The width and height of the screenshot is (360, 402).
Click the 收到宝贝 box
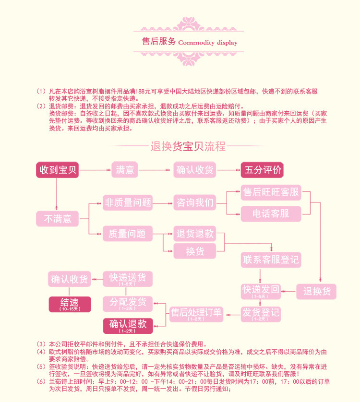(58, 170)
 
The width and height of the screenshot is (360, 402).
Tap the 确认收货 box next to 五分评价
(195, 170)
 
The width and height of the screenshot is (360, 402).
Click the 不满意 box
(58, 219)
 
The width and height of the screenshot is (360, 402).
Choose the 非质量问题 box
(128, 202)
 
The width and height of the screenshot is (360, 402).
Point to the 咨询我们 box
(194, 202)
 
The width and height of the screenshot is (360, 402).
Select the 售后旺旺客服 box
(271, 193)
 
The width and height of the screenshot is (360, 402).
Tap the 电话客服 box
(271, 213)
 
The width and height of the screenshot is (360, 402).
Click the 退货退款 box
(194, 234)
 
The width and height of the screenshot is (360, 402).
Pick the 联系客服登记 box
(271, 260)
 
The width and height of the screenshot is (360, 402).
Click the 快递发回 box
(261, 291)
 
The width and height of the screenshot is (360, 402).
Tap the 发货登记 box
(261, 314)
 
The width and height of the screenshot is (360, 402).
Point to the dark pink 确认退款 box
(128, 325)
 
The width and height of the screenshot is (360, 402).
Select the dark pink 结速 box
(70, 304)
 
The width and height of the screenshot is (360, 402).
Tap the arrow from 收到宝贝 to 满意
(94, 170)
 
